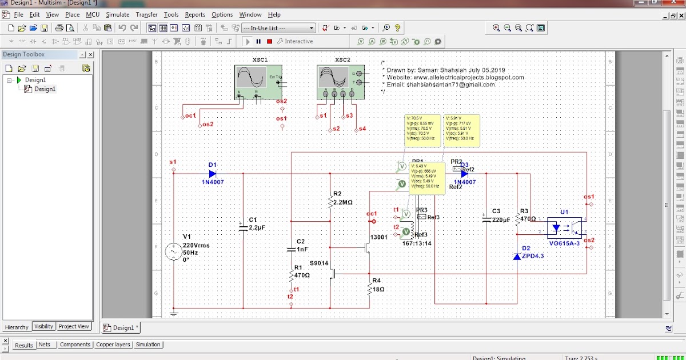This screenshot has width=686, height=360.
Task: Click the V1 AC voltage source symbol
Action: (x=174, y=251)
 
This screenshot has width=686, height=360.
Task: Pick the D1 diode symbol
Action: (x=213, y=173)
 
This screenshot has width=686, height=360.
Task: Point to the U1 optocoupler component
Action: (x=564, y=227)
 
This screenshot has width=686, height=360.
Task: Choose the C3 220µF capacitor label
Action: (x=500, y=215)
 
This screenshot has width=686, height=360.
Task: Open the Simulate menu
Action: (x=117, y=14)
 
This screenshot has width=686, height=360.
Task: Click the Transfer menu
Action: (x=147, y=14)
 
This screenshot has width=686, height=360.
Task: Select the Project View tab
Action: (x=74, y=326)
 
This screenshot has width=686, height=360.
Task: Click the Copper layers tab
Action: (x=113, y=345)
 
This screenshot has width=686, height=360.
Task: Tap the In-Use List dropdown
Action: (x=278, y=28)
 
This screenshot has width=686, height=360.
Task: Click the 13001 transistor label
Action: (x=379, y=237)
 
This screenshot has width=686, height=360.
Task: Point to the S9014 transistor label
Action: (x=318, y=263)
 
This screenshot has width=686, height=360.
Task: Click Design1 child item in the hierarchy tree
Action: (x=45, y=89)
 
